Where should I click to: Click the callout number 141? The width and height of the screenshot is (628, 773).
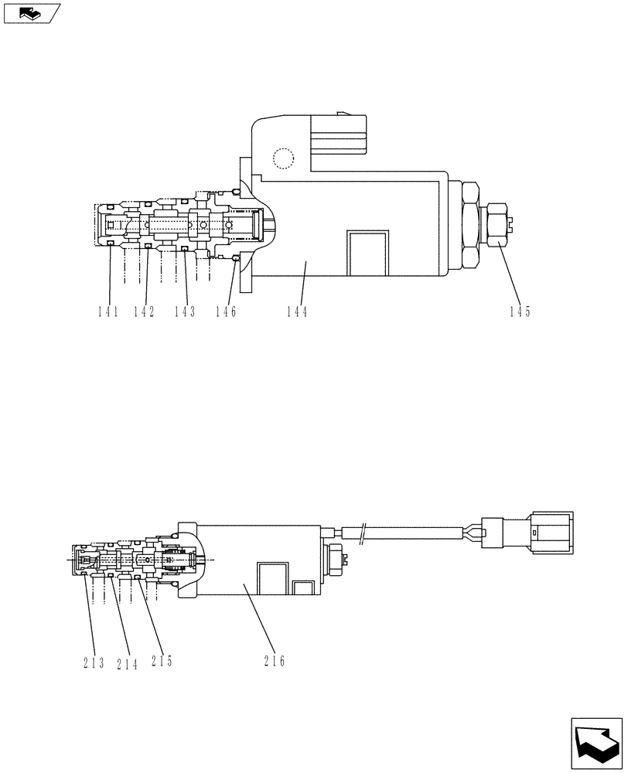pos(108,312)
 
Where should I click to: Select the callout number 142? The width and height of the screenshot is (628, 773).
pos(144,312)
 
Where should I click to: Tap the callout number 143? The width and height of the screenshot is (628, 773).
pos(184,312)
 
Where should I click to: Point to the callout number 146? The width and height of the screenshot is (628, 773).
pos(226,312)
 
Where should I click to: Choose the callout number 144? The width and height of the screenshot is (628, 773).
pos(296,312)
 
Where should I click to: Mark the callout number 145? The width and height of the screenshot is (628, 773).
pos(520,312)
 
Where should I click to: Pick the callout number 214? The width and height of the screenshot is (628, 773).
pos(127,662)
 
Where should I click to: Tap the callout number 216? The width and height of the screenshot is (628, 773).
pos(274,661)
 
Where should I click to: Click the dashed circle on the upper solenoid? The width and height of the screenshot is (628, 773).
pos(284,158)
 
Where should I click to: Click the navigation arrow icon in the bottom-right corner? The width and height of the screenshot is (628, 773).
pos(595,743)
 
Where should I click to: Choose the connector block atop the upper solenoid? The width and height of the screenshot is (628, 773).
pos(337,135)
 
